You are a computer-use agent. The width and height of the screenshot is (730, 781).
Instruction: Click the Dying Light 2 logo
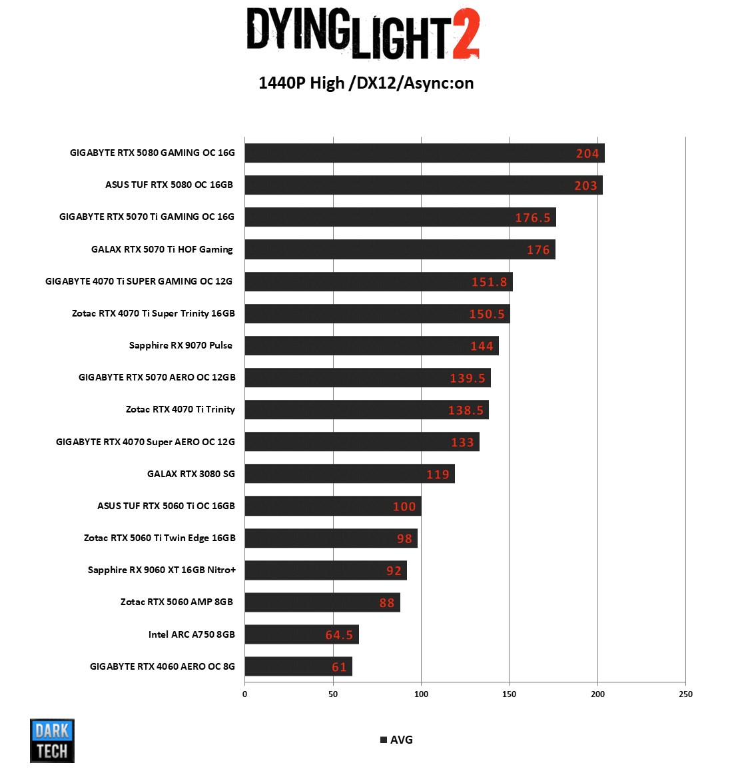(363, 33)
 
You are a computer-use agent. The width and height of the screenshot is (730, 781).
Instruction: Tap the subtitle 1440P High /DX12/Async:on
(366, 83)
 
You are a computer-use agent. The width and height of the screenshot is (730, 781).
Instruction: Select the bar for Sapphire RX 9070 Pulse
(371, 345)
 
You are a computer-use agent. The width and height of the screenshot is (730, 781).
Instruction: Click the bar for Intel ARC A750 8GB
(301, 634)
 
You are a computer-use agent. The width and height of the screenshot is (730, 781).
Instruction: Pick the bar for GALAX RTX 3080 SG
(349, 474)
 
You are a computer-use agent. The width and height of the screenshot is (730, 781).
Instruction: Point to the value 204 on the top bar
(587, 154)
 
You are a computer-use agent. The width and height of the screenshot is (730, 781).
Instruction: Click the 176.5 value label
(532, 218)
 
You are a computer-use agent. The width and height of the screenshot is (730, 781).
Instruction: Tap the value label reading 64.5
(339, 635)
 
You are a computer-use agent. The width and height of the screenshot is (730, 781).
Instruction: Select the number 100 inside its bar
(404, 506)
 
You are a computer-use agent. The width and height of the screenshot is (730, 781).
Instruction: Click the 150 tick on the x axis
(509, 694)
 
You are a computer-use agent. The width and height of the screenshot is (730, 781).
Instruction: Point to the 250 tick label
(685, 694)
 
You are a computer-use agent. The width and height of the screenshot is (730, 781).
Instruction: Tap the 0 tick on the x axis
(244, 694)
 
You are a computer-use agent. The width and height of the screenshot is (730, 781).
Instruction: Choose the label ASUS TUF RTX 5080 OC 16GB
(169, 185)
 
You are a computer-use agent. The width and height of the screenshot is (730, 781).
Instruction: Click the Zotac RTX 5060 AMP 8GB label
(177, 602)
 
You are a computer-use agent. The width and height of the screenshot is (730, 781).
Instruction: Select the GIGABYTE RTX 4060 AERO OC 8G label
(163, 666)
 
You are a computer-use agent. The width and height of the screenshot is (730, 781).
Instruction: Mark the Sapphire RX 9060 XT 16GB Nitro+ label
(162, 570)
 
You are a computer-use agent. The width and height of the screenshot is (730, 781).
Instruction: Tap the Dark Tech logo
(52, 740)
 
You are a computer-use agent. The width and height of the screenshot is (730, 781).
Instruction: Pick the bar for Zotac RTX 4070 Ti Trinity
(366, 410)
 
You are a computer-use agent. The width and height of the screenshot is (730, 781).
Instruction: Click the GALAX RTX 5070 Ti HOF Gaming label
(162, 249)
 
